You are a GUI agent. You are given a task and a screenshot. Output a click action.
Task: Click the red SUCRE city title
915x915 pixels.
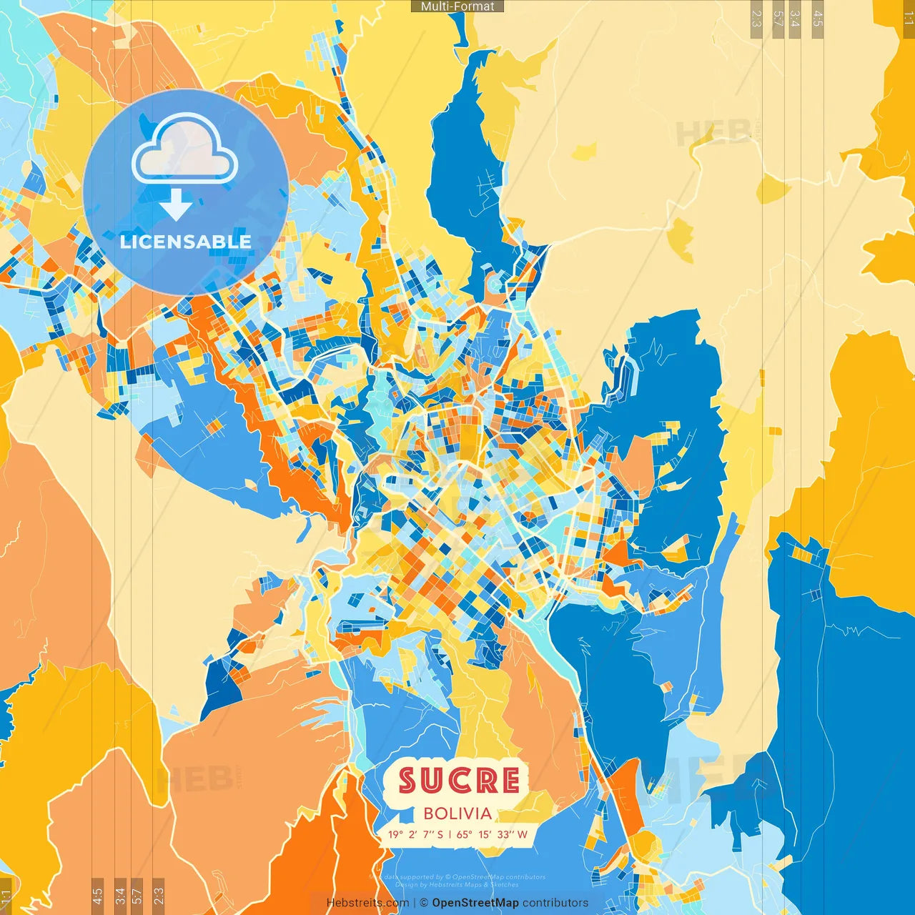coord(458,781)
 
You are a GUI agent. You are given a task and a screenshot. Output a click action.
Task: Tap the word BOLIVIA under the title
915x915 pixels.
coord(457,813)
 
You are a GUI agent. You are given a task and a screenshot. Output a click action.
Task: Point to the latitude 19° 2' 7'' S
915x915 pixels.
coord(415,834)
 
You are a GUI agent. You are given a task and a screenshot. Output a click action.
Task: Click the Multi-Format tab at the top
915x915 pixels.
coord(457,6)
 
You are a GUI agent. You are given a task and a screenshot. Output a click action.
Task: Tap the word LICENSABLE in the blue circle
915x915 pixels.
coord(186,242)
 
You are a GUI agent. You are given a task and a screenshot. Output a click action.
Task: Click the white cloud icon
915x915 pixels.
coord(184,151)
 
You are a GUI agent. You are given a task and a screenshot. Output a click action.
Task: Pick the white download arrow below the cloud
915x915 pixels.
coord(176,204)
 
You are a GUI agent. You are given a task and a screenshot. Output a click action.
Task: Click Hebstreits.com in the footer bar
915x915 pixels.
coord(367,903)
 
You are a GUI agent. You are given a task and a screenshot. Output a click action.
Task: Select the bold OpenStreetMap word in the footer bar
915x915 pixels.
coord(475,903)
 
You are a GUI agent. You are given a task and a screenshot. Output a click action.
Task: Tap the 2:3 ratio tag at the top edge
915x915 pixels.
coord(756,19)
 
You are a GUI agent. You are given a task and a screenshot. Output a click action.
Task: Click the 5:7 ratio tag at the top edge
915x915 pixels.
coord(778,19)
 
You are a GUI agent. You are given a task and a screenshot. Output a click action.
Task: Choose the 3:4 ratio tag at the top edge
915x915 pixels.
coord(794,19)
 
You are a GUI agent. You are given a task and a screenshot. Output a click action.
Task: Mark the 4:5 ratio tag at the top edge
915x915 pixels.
coord(817,19)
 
